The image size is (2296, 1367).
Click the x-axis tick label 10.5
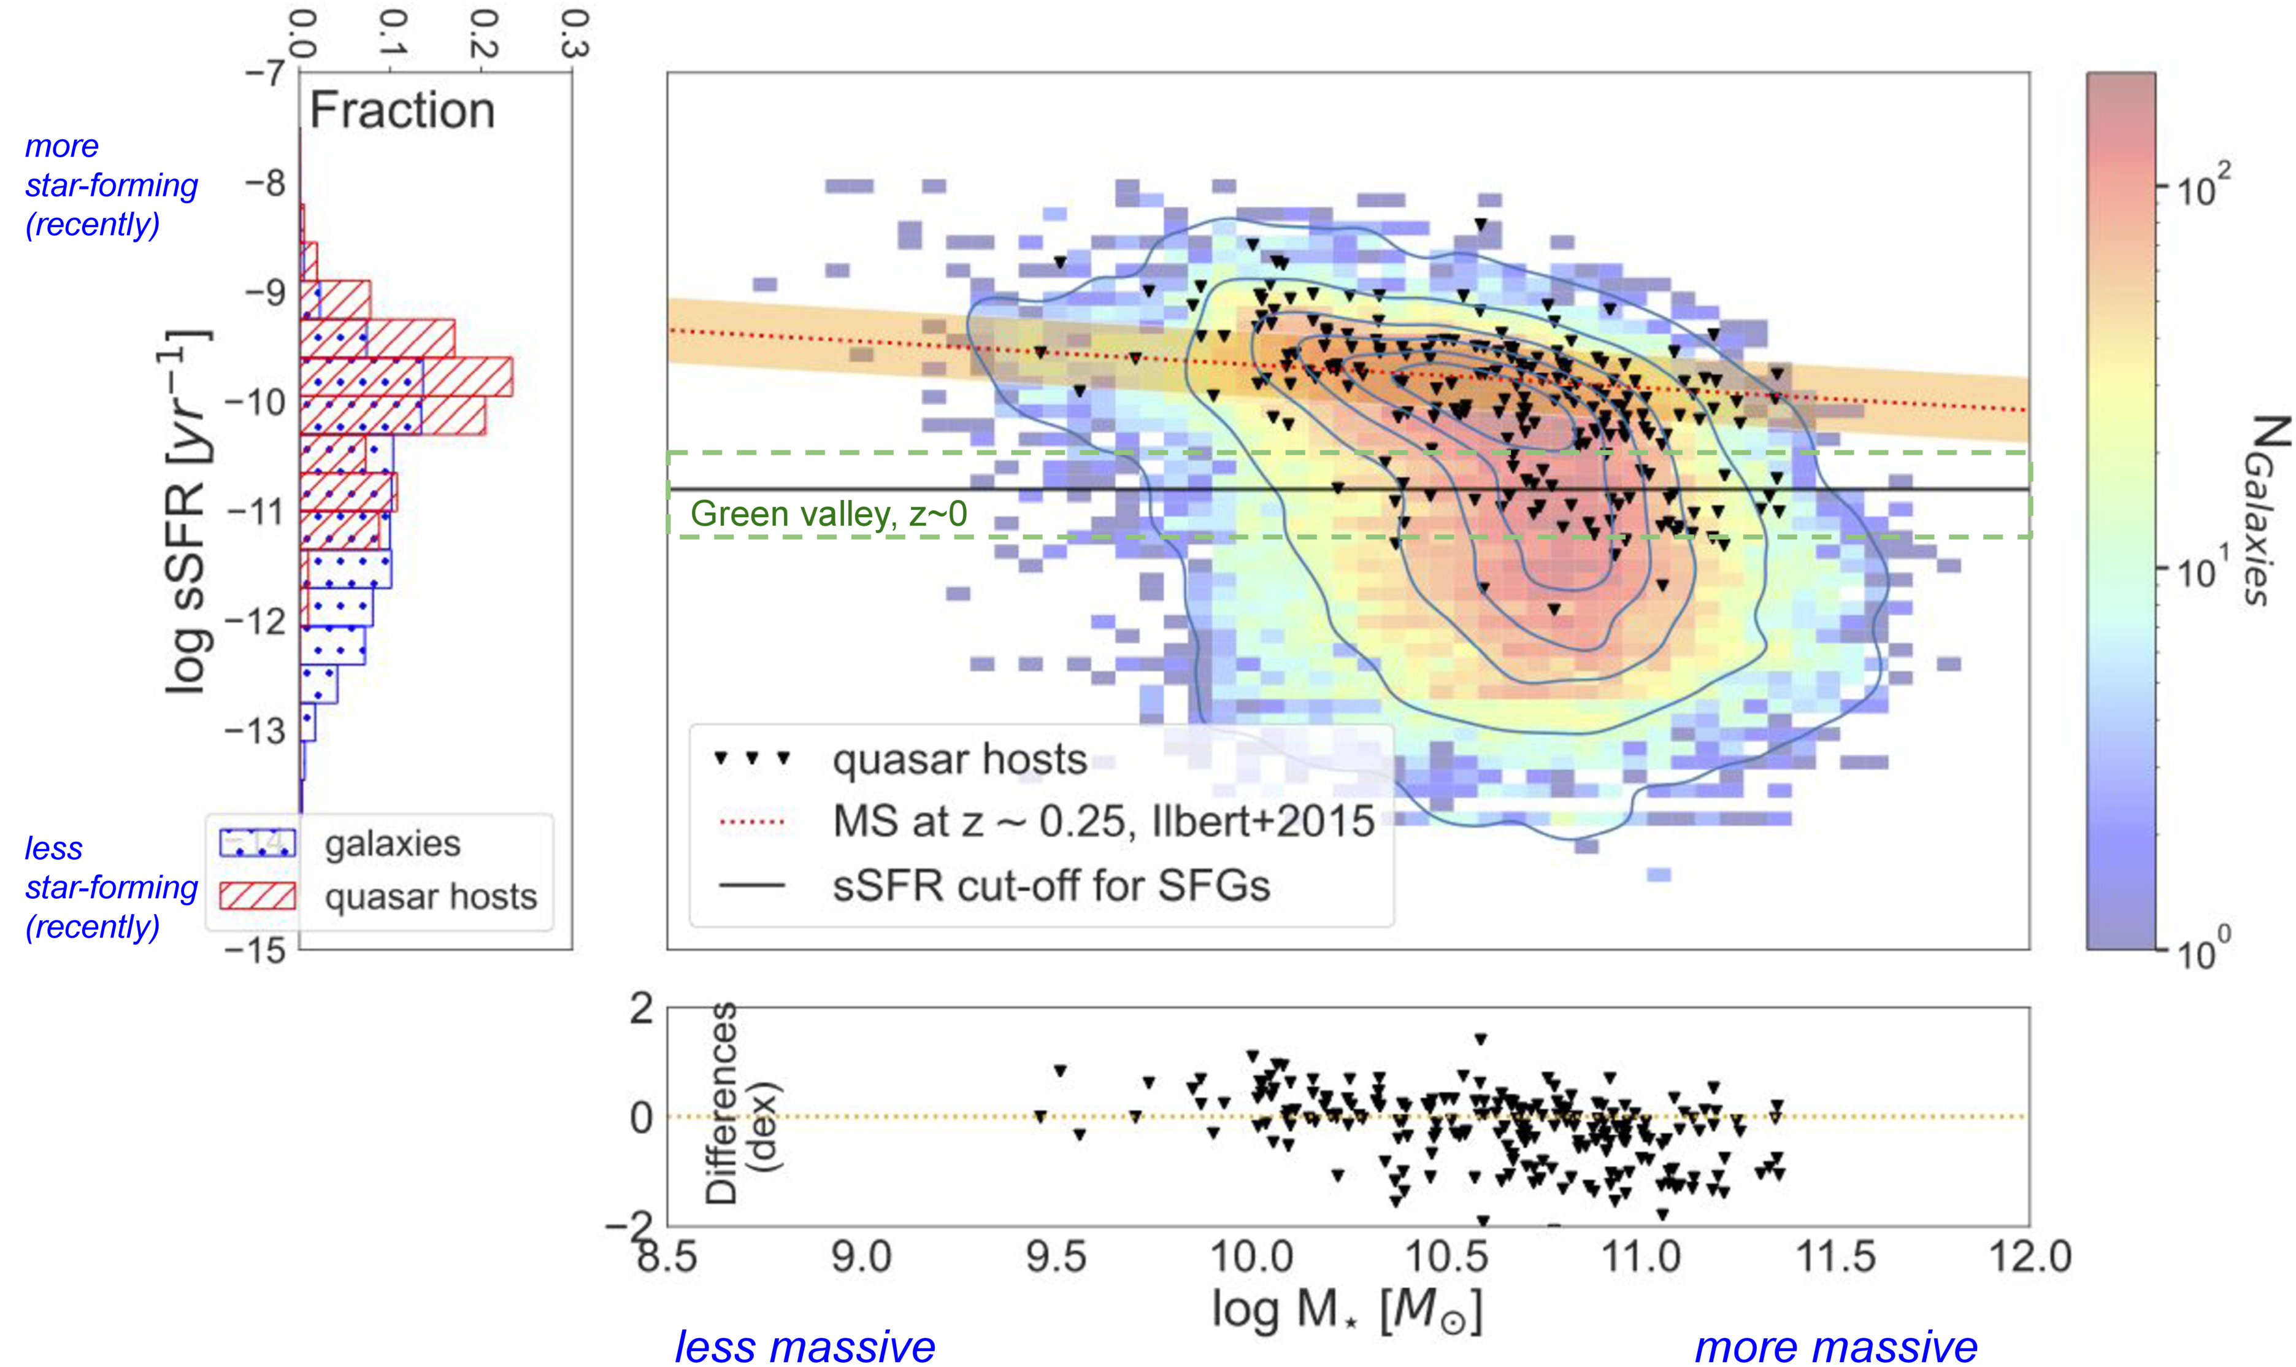point(1446,1257)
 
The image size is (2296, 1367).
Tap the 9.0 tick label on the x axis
point(861,1257)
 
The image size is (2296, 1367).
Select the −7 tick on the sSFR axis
point(265,73)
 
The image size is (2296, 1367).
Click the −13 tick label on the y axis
point(256,731)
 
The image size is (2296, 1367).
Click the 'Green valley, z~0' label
point(829,514)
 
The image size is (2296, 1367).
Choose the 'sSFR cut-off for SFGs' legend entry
point(1051,886)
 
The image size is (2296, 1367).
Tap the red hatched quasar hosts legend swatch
point(257,896)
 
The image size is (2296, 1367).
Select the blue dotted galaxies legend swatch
point(257,843)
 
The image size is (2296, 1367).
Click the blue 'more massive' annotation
point(1835,1347)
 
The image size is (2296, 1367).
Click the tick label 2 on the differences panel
point(642,1009)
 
